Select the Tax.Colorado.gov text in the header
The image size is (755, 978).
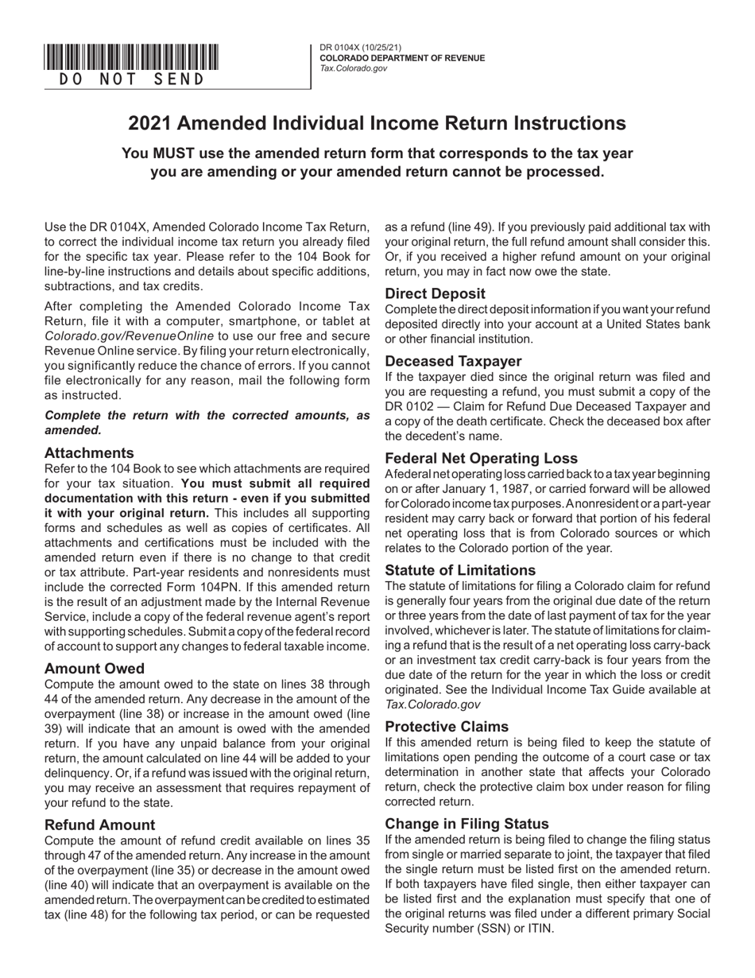(x=353, y=69)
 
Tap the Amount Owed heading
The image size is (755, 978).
(x=95, y=668)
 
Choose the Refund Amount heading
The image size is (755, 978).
(x=100, y=825)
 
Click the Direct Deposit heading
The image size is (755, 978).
(x=435, y=293)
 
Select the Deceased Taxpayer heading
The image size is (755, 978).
(x=453, y=361)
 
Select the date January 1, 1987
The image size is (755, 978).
(x=451, y=489)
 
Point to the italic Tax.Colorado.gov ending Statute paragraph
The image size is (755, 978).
(x=432, y=704)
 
